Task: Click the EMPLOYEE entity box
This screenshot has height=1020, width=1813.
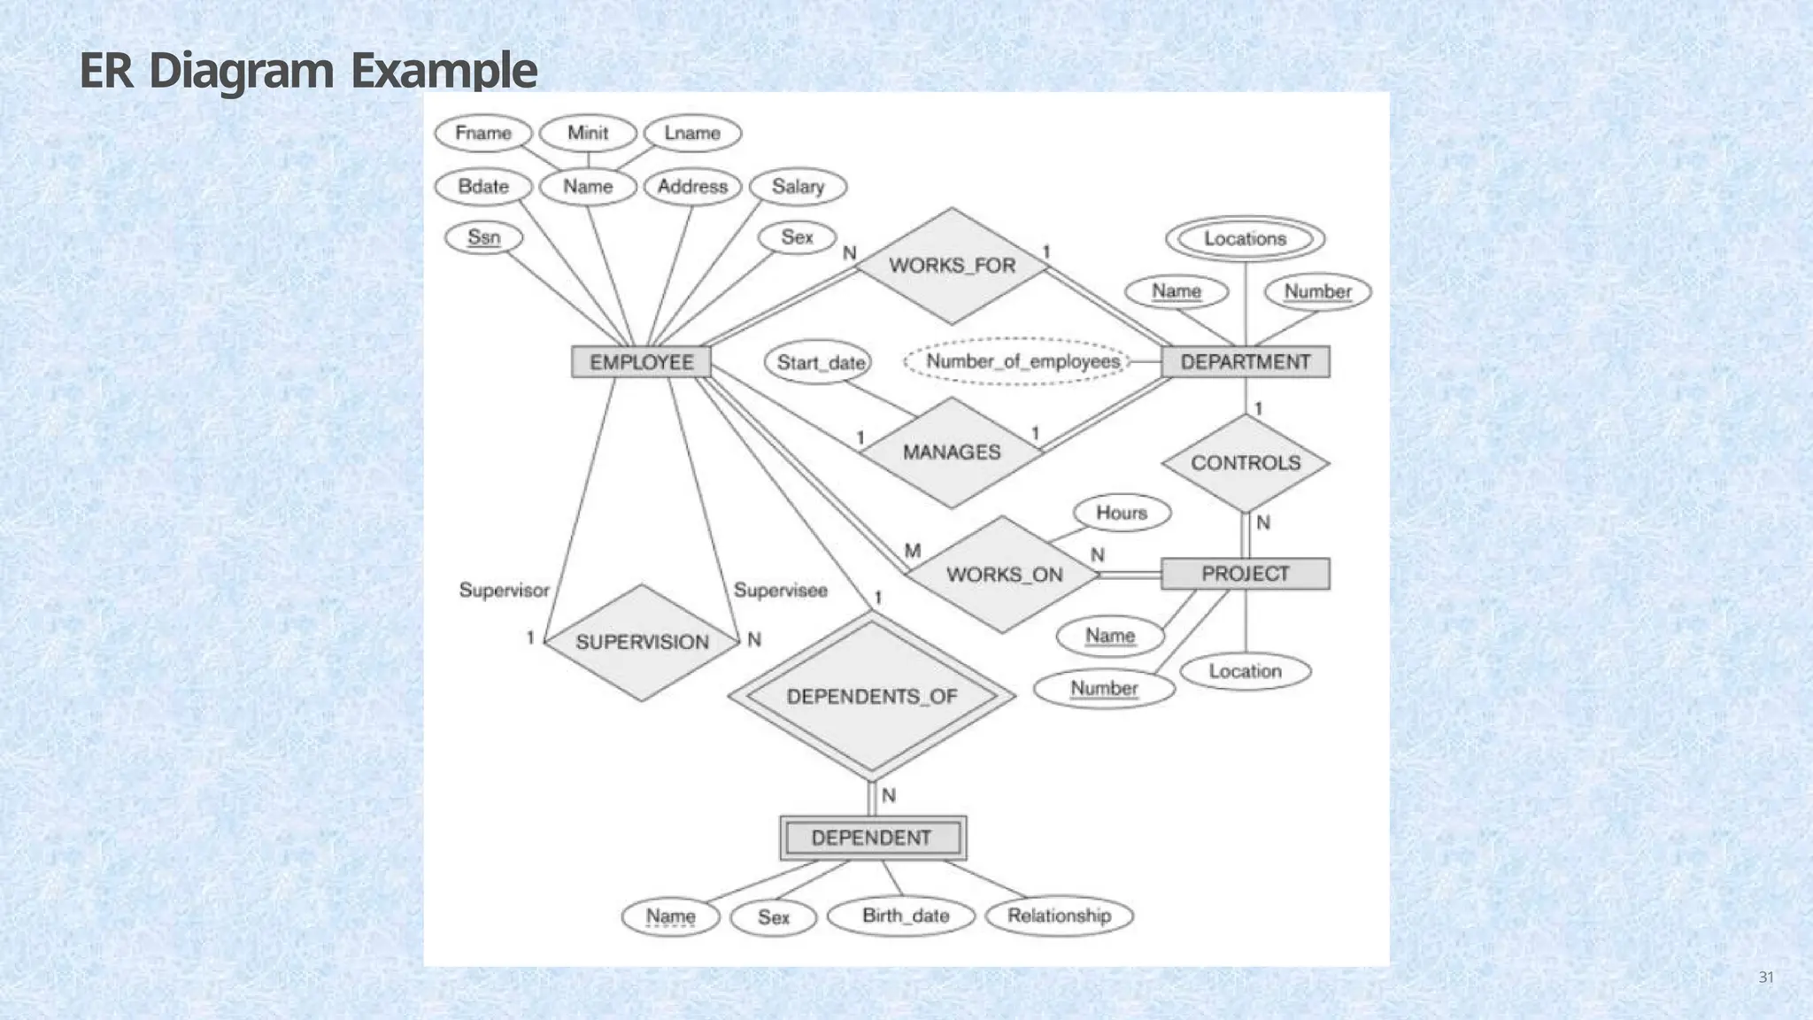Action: pos(641,362)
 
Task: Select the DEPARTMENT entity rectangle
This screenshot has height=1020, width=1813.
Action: pos(1245,362)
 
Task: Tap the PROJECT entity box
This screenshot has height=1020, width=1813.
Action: pos(1245,574)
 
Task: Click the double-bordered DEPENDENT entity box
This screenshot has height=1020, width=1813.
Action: pos(872,838)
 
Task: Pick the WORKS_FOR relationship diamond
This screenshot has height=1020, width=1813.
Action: pos(952,266)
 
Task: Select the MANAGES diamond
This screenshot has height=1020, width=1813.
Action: pos(952,452)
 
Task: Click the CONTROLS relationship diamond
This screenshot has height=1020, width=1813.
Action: pos(1245,463)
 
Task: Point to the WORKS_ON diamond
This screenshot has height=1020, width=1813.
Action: pos(1004,575)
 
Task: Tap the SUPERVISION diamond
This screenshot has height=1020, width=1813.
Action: pos(642,642)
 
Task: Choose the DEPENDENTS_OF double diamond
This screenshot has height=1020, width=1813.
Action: pos(872,696)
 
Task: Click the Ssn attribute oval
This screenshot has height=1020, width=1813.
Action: pos(483,237)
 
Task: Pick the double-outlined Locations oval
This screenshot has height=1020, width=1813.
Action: pos(1245,239)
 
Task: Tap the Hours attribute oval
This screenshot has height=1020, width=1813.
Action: pos(1122,513)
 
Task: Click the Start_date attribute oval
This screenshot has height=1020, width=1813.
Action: pos(819,363)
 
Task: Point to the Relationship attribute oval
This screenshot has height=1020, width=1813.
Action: pos(1059,916)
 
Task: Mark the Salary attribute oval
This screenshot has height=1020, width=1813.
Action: pos(798,187)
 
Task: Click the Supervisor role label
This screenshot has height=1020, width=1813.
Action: pos(504,591)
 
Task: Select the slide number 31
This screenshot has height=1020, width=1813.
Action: pos(1765,977)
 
